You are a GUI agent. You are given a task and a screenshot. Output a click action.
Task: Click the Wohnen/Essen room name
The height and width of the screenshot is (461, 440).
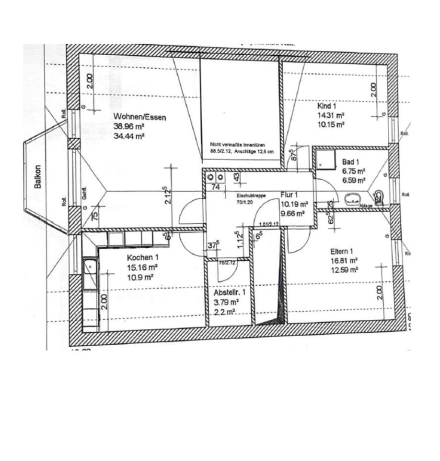click(139, 117)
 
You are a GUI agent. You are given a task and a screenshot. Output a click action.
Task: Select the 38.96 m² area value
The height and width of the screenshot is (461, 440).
click(129, 126)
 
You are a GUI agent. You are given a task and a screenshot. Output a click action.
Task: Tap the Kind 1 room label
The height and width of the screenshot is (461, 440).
click(327, 106)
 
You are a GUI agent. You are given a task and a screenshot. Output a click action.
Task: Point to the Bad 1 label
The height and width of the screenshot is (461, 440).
click(351, 162)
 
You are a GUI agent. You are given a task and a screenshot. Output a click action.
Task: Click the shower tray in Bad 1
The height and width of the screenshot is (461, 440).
click(324, 158)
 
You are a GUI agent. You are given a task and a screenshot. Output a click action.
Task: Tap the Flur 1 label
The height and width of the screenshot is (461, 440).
click(289, 194)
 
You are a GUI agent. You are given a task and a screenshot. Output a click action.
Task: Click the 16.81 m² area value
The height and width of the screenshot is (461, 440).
click(344, 260)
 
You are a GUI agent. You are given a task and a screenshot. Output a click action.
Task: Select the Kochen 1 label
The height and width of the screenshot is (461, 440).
click(143, 257)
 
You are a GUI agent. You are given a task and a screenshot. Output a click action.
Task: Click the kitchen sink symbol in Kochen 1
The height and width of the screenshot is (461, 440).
click(90, 274)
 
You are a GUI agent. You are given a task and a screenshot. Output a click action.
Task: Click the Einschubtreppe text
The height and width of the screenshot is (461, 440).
click(251, 196)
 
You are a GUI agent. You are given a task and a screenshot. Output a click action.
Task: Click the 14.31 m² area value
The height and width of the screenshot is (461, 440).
click(331, 115)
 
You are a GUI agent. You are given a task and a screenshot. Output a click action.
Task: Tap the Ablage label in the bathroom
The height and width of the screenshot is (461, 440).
click(366, 204)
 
